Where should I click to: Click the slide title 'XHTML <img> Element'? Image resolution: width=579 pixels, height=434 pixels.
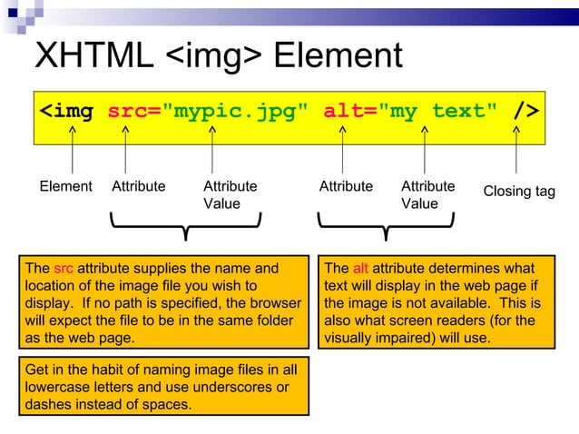pyautogui.click(x=218, y=56)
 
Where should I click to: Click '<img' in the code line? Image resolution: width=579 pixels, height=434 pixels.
pyautogui.click(x=66, y=112)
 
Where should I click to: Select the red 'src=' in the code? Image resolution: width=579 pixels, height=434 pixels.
pyautogui.click(x=133, y=112)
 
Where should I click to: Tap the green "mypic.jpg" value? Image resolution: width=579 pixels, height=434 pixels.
pyautogui.click(x=234, y=112)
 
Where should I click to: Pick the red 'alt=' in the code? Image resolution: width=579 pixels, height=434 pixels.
pyautogui.click(x=349, y=112)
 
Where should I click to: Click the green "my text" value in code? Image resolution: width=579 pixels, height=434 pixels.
pyautogui.click(x=437, y=112)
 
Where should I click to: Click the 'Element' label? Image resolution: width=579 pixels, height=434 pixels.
pyautogui.click(x=65, y=187)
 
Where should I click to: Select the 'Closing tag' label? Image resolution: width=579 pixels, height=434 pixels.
pyautogui.click(x=518, y=192)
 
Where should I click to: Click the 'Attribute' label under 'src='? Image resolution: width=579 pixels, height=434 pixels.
pyautogui.click(x=138, y=187)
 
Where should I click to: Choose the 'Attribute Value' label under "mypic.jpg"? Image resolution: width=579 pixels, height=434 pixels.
pyautogui.click(x=230, y=195)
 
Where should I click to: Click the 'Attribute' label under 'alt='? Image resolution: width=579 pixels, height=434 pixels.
pyautogui.click(x=346, y=187)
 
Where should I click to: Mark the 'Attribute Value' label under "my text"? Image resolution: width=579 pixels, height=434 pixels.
pyautogui.click(x=427, y=195)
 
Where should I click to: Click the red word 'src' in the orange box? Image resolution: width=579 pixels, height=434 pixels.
pyautogui.click(x=63, y=269)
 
